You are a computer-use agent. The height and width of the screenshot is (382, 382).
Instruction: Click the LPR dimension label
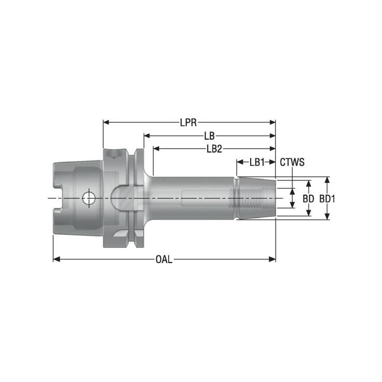(189, 123)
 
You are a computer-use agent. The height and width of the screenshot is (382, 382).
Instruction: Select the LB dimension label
(209, 136)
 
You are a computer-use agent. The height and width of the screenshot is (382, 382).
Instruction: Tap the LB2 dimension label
(214, 149)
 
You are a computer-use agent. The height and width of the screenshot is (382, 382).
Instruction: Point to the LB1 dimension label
(257, 162)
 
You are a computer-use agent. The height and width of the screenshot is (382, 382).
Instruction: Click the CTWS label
(292, 162)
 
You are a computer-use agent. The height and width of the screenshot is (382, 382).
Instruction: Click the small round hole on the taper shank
(88, 197)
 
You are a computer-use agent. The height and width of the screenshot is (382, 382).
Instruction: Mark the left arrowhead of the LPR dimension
(106, 123)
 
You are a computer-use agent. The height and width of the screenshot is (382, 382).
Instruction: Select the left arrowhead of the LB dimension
(146, 136)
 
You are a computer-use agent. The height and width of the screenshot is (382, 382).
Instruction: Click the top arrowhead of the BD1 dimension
(327, 180)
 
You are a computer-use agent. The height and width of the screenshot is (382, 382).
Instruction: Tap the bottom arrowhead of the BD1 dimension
(327, 217)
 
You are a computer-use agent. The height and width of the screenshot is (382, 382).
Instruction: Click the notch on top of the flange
(114, 154)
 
